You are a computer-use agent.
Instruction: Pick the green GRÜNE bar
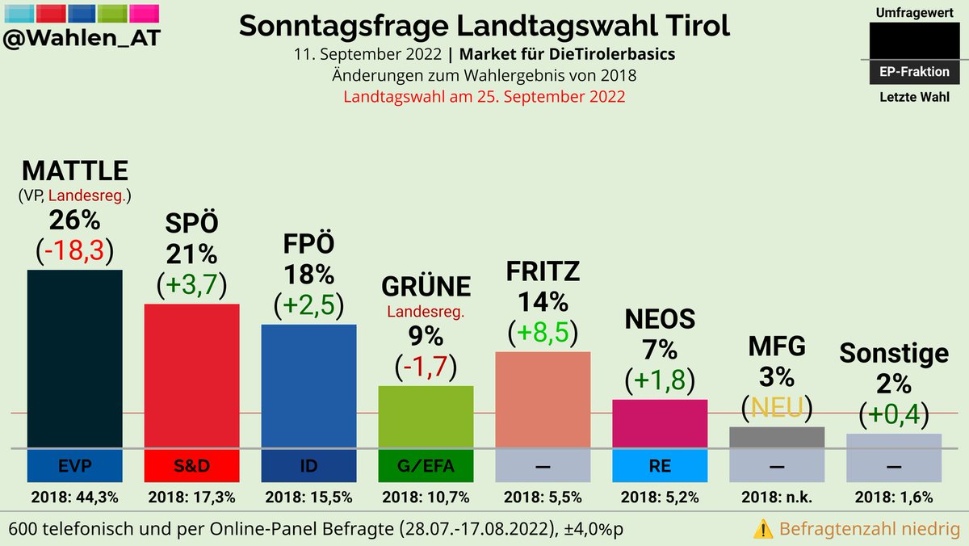[x=426, y=416]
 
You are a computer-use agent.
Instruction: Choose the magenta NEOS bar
[x=660, y=422]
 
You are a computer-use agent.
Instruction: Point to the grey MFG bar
[x=776, y=437]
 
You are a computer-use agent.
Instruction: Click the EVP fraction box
[x=74, y=466]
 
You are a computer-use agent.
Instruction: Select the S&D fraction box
[x=191, y=466]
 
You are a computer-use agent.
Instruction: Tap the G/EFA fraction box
[x=426, y=466]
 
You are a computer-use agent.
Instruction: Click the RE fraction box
[x=660, y=466]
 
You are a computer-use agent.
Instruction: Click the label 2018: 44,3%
[x=74, y=497]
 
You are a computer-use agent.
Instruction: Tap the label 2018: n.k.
[x=776, y=497]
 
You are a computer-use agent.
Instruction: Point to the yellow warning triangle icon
[x=762, y=529]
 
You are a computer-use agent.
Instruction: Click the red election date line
[x=484, y=96]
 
